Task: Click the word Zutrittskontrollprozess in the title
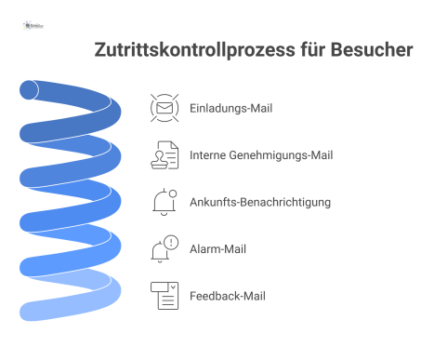[x=196, y=50]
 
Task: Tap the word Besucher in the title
[x=370, y=50]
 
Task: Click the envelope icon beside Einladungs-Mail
[x=164, y=108]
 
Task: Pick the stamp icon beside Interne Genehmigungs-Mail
[x=164, y=155]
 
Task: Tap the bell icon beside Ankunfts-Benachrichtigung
[x=164, y=202]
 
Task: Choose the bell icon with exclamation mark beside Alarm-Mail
[x=164, y=249]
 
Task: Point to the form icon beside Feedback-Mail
[x=164, y=296]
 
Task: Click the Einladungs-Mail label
[x=230, y=108]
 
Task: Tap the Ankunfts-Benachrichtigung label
[x=259, y=202]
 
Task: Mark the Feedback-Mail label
[x=229, y=296]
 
